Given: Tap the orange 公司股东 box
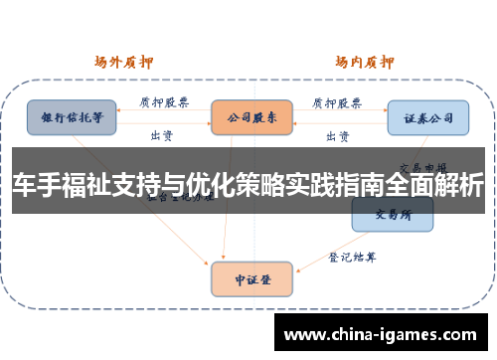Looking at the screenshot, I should tap(251, 117).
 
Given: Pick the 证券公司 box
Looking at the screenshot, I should tap(427, 117).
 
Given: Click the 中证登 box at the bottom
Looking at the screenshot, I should tap(251, 279).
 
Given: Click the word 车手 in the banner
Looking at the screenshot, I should tap(34, 188).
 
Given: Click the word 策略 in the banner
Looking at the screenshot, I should tap(266, 188).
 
